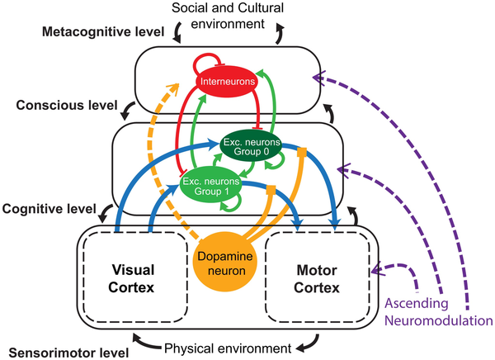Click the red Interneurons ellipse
228,81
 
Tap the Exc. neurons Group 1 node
211,186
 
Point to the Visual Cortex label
132,279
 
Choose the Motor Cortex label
317,279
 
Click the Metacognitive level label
103,31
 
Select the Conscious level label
67,105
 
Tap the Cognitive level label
49,209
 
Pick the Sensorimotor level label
68,353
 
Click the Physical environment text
228,348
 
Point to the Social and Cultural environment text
228,16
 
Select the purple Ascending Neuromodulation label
439,312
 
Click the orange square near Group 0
302,152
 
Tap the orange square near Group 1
271,190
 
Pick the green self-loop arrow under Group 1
232,202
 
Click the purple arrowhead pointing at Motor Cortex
378,270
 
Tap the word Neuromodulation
439,320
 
